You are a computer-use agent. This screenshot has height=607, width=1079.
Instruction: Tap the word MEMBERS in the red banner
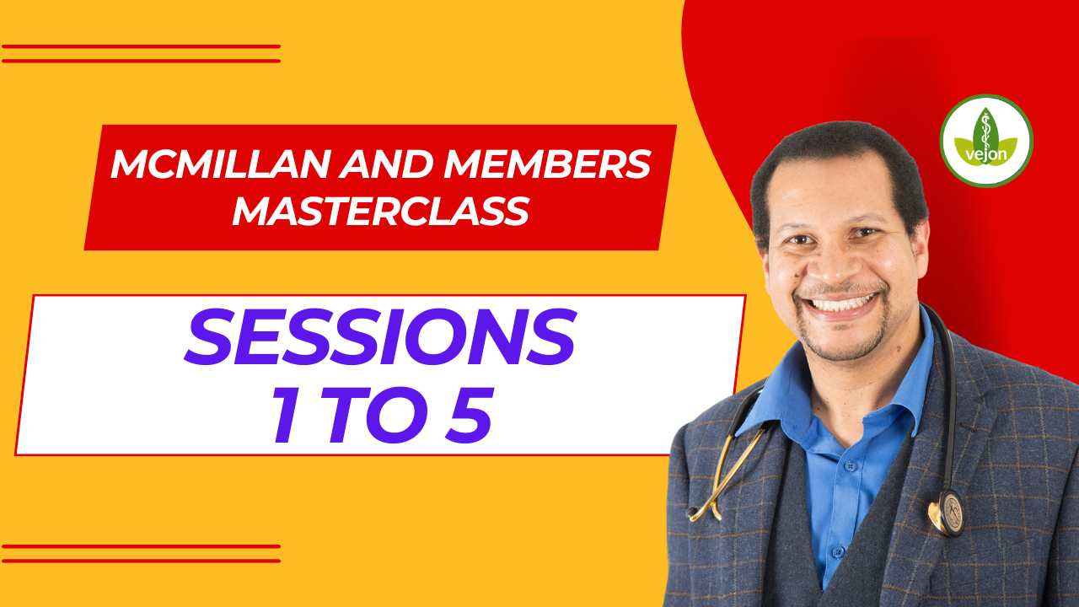[547, 164]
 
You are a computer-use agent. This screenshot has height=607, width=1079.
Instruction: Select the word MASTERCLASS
[381, 211]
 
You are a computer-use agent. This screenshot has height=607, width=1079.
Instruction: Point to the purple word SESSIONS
[380, 336]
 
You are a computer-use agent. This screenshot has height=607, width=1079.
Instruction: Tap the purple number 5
[469, 414]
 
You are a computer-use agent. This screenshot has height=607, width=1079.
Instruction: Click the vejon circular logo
[986, 141]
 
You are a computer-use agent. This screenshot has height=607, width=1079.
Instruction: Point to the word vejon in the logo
[986, 155]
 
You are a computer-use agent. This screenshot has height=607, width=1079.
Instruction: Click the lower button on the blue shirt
[838, 551]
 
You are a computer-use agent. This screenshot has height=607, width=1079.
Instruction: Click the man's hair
[838, 154]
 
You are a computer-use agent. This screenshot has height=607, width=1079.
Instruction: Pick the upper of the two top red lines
[141, 46]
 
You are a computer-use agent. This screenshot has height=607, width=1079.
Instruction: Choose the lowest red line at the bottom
[141, 561]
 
